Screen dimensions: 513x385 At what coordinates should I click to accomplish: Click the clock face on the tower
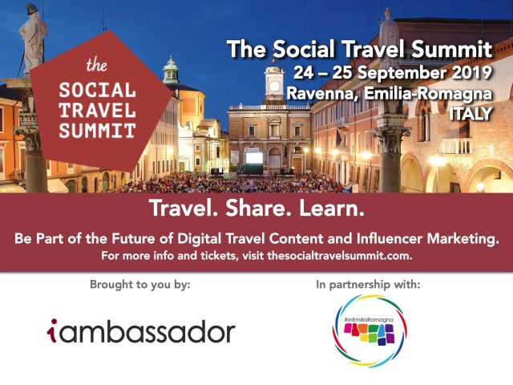[274, 86]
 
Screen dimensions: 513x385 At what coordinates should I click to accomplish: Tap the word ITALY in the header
[471, 114]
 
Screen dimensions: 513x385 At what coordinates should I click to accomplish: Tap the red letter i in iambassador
[52, 330]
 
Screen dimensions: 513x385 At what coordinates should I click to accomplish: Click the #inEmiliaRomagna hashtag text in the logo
[369, 319]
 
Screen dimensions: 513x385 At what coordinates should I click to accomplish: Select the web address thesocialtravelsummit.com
[340, 255]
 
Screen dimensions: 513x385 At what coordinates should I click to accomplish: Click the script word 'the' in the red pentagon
[96, 65]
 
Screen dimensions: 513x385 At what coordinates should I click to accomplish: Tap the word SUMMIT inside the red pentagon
[97, 130]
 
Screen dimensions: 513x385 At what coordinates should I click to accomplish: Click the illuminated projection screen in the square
[254, 157]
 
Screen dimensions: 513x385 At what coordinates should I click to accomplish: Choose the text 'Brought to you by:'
[140, 285]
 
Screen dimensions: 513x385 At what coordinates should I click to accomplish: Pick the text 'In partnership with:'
[368, 285]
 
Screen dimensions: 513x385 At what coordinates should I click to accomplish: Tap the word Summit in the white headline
[451, 49]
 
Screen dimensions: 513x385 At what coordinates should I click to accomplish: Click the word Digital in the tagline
[200, 239]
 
